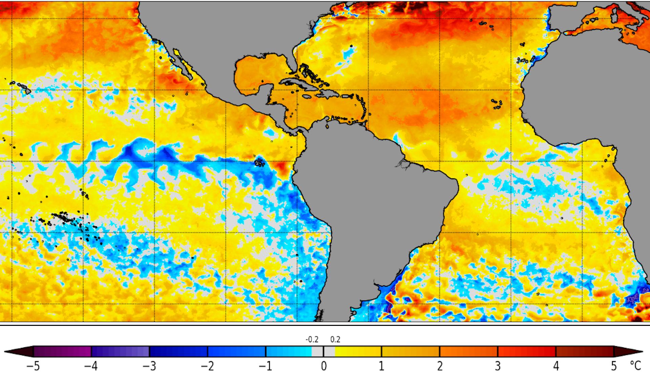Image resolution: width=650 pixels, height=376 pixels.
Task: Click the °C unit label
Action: [x=635, y=366]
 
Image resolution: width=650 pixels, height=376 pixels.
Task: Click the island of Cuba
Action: [x=298, y=83]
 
